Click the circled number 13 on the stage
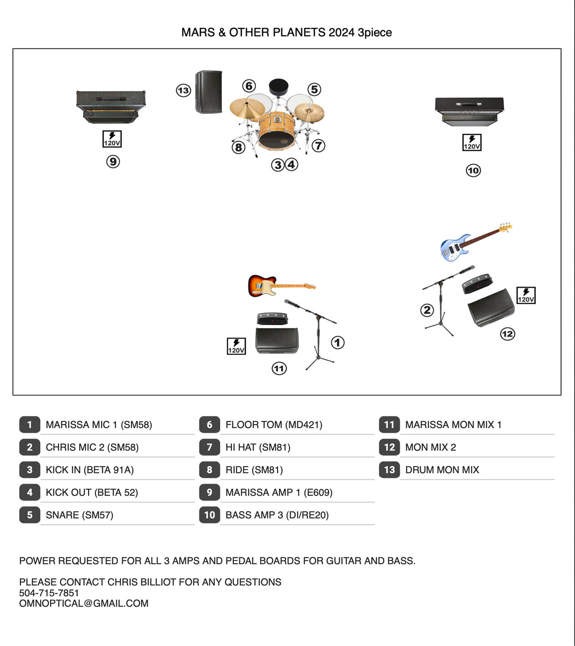183,91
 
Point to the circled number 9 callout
113,161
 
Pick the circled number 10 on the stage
473,171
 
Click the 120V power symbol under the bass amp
472,142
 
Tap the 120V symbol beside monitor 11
236,346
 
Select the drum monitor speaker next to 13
209,92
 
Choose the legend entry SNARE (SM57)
80,515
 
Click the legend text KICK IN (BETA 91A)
90,470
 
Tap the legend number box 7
209,447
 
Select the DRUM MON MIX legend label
442,470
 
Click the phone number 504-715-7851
49,593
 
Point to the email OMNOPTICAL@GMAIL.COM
84,603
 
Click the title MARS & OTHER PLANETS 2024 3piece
287,32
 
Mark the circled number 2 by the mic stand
427,310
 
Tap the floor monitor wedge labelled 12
491,308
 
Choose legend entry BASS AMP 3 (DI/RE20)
277,515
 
